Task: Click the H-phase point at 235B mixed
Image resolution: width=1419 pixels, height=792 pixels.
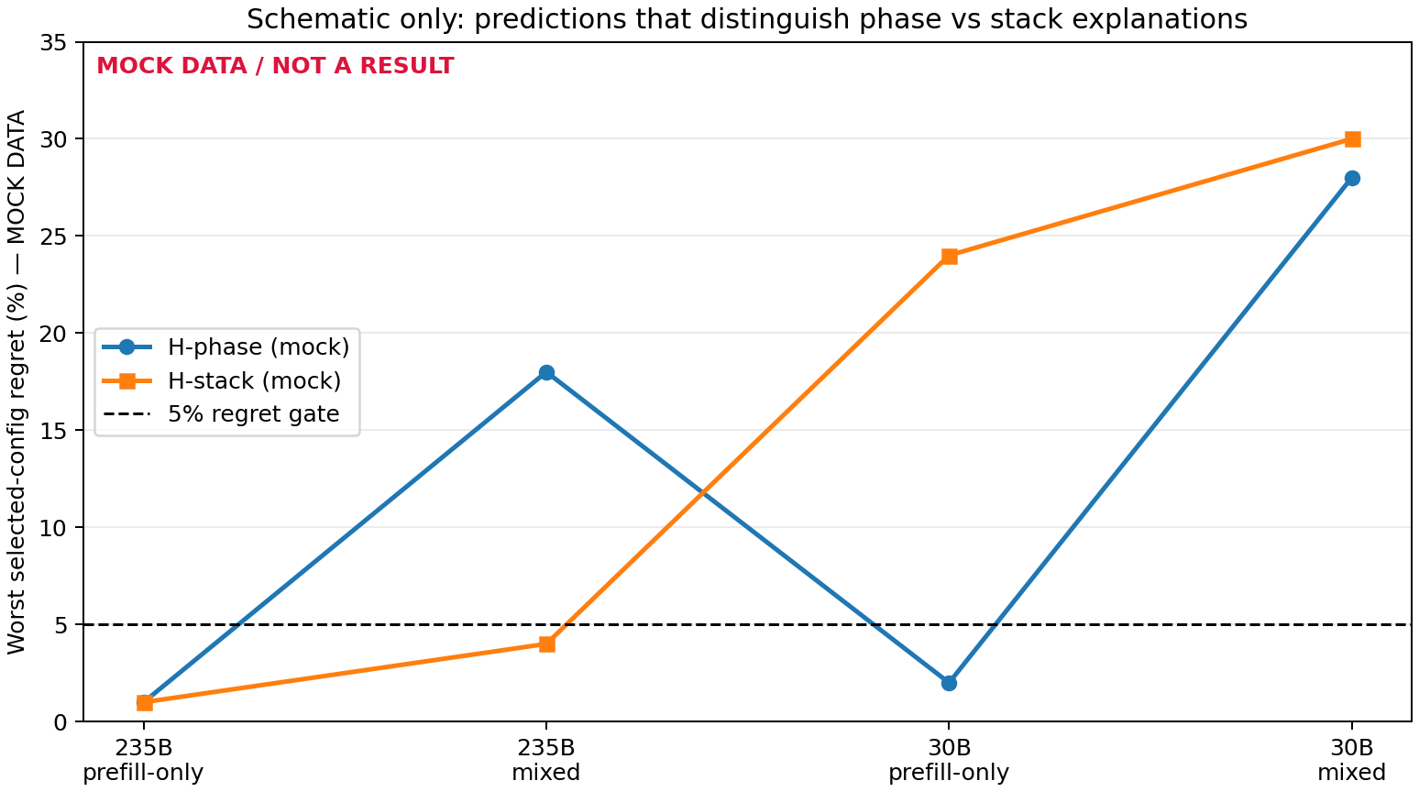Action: coord(546,372)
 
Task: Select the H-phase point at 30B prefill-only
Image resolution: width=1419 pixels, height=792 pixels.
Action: coord(949,683)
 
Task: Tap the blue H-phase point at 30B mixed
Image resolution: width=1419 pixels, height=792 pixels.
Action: coord(1352,178)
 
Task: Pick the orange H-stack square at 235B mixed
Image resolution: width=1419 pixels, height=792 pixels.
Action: coord(546,644)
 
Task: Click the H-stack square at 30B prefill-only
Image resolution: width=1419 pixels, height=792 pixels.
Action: coord(949,256)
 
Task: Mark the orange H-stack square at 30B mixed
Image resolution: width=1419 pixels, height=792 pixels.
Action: coord(1352,139)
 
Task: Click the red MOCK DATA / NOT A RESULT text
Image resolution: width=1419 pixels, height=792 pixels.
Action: coord(275,66)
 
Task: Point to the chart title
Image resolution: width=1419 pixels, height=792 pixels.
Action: coord(747,19)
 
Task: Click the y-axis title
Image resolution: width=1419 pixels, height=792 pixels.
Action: coord(16,382)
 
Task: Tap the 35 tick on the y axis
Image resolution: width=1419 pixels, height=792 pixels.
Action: coord(53,42)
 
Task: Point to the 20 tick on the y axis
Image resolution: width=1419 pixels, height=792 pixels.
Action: coord(53,334)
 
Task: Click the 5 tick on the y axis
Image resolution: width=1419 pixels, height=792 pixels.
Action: coord(60,625)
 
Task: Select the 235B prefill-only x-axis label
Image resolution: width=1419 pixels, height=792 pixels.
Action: coord(144,760)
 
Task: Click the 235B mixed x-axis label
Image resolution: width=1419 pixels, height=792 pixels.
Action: coord(546,760)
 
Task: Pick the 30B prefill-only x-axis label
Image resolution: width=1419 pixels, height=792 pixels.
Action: coord(949,760)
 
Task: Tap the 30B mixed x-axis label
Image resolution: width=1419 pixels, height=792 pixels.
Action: coord(1352,760)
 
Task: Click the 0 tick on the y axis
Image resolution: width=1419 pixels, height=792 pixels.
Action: coord(60,721)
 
